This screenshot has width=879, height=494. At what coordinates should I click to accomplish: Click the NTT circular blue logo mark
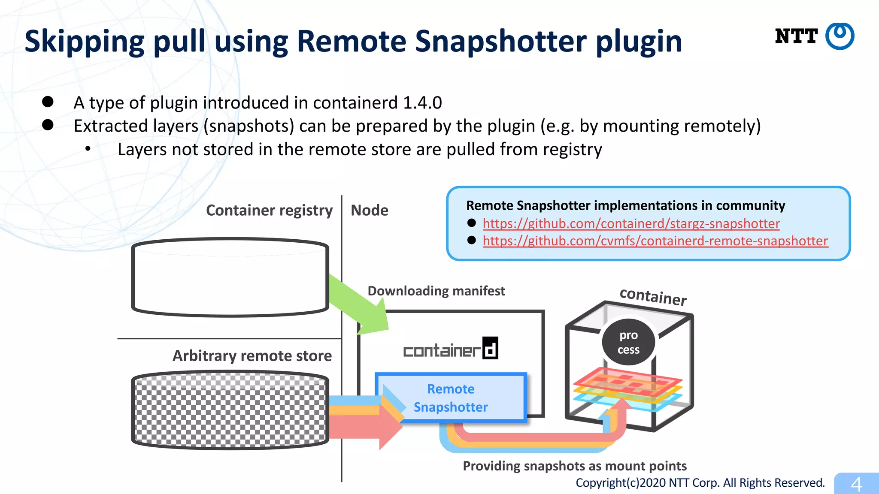(840, 36)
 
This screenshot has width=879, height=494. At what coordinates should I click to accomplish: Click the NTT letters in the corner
(796, 36)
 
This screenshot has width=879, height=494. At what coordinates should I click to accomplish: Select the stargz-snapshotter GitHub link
(631, 223)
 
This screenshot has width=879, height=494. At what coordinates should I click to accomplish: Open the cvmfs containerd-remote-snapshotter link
(655, 241)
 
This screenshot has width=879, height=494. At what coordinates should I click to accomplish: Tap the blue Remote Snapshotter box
(451, 398)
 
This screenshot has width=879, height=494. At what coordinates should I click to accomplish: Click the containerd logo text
(450, 349)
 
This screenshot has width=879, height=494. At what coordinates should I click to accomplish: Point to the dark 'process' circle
(628, 342)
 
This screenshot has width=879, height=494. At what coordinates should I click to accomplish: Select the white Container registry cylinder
(230, 277)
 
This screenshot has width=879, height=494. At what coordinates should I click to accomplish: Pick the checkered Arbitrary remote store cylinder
(230, 410)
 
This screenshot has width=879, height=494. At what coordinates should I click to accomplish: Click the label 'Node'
(369, 211)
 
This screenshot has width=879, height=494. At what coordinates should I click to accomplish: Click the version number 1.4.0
(422, 103)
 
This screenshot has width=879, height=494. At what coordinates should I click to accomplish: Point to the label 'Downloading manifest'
(436, 291)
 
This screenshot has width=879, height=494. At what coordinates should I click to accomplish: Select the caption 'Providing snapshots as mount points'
(574, 466)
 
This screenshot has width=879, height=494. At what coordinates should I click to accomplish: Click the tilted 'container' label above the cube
(653, 296)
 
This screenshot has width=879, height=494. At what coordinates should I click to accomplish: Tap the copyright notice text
(700, 483)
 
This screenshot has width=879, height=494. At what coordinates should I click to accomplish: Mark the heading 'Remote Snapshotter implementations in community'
(625, 206)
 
